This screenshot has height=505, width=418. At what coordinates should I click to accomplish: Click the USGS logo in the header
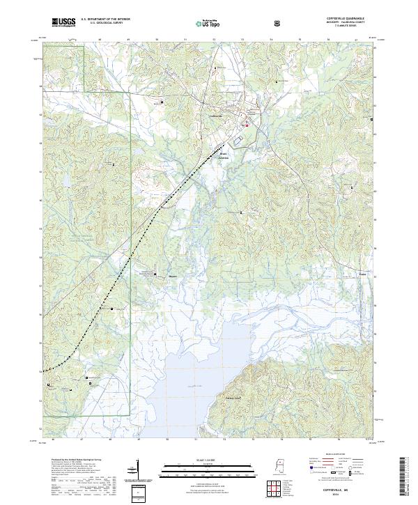[63, 23]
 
